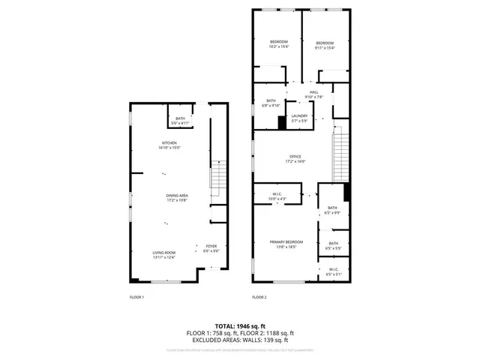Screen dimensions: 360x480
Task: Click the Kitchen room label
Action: tap(169, 145)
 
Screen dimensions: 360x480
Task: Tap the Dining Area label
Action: tap(176, 197)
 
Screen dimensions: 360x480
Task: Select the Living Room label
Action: tap(163, 255)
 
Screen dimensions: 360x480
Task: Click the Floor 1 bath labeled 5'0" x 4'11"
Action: tap(180, 121)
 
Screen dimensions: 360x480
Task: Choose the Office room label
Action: tap(295, 158)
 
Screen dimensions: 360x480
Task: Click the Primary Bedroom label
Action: tap(286, 244)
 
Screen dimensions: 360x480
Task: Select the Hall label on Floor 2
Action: tap(313, 94)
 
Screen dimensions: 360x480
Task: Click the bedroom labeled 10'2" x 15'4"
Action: tap(278, 43)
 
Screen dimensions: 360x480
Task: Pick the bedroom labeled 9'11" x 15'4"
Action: tap(324, 45)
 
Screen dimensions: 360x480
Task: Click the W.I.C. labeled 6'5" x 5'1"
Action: tap(332, 271)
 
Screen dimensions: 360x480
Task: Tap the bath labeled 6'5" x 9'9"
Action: tap(332, 210)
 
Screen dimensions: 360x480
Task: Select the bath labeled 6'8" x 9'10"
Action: tap(270, 103)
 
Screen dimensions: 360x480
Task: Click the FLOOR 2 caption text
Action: tap(259, 297)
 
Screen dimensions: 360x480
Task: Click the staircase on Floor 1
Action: tap(217, 179)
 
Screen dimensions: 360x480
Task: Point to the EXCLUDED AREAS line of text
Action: tap(240, 340)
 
